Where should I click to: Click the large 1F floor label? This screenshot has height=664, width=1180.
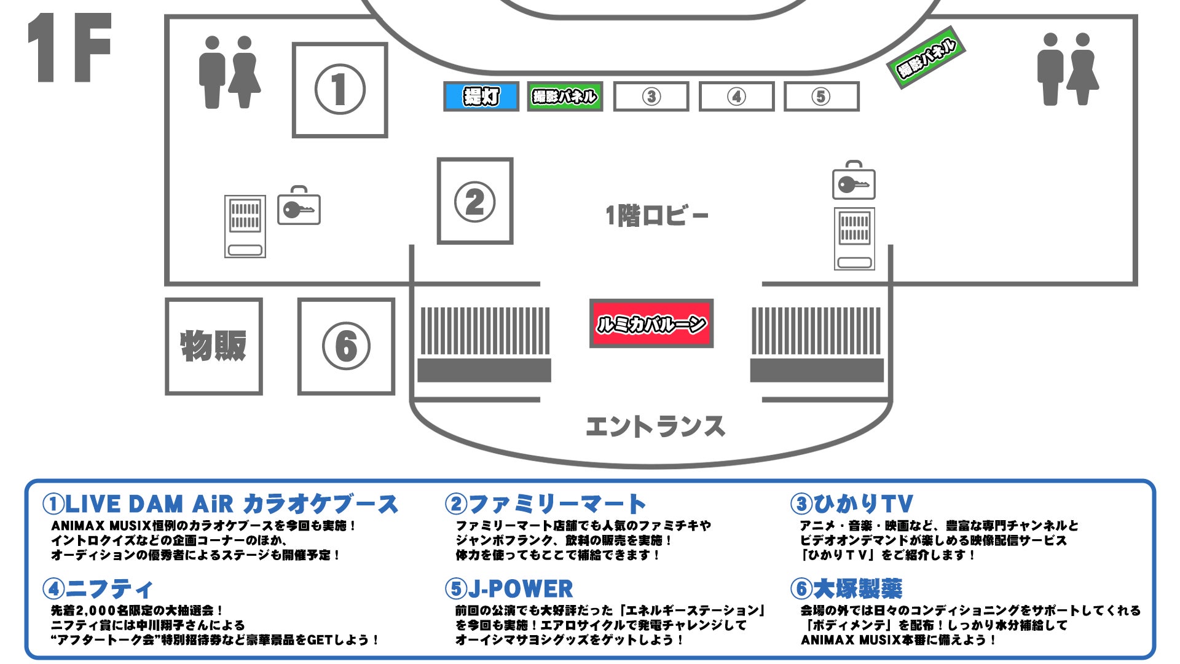click(69, 48)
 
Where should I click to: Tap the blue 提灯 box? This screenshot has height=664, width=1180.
click(481, 97)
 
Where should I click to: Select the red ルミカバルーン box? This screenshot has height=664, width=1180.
click(651, 323)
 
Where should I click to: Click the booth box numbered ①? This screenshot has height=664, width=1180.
click(340, 90)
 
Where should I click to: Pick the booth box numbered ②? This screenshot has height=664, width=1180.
click(475, 201)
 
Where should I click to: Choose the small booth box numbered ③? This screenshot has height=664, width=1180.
click(651, 97)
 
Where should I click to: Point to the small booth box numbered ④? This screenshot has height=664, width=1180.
click(736, 97)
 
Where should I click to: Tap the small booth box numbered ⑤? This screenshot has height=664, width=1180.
click(821, 97)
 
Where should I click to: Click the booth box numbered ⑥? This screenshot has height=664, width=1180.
click(346, 346)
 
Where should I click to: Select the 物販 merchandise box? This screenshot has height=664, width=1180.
click(213, 346)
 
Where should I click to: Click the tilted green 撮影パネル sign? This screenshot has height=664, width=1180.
click(926, 57)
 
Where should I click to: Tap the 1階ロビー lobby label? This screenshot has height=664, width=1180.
click(657, 216)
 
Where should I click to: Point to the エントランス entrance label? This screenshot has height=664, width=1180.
click(655, 427)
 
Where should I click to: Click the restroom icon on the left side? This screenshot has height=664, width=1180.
click(229, 72)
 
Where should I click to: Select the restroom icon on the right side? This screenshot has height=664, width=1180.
click(1068, 69)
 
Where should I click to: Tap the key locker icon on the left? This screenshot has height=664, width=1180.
click(299, 207)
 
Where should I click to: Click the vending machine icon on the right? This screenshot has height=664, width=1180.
click(854, 239)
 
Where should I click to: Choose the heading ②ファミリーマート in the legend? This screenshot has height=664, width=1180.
click(546, 504)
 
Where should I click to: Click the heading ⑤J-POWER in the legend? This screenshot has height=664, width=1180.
click(509, 588)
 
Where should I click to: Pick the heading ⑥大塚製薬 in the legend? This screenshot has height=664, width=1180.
click(846, 588)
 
